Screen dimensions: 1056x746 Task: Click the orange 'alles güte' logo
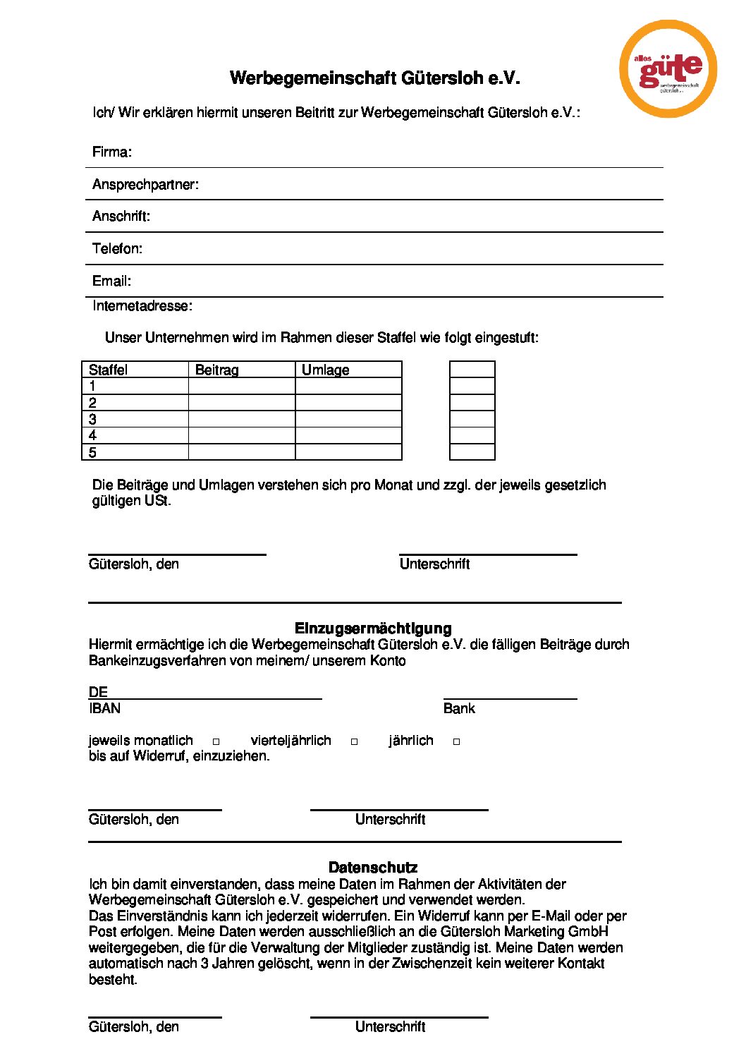click(x=668, y=69)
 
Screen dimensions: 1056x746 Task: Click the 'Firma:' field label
click(x=112, y=152)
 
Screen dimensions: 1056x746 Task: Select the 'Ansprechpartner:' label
click(x=145, y=184)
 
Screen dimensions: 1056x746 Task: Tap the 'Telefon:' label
click(x=117, y=248)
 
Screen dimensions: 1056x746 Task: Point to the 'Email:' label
click(x=111, y=281)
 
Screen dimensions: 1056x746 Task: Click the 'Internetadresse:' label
click(x=142, y=305)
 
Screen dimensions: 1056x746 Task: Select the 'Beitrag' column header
click(x=217, y=370)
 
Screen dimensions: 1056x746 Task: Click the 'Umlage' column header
click(x=326, y=370)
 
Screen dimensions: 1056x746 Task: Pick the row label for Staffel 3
click(x=93, y=419)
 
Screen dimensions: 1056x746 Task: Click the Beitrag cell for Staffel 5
click(x=241, y=452)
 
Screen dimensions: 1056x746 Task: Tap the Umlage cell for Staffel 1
click(x=348, y=386)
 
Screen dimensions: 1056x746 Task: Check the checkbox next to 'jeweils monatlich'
click(x=216, y=741)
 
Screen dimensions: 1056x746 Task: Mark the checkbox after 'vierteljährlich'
click(x=355, y=741)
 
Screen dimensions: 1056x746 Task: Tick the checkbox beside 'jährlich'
click(x=457, y=741)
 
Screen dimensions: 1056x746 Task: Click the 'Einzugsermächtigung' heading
click(x=373, y=628)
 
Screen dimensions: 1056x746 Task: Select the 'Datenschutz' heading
click(x=373, y=867)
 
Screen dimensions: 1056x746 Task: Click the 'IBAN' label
click(x=105, y=708)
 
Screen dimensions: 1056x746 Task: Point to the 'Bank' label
click(x=459, y=708)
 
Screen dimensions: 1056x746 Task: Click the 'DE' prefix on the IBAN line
click(x=98, y=692)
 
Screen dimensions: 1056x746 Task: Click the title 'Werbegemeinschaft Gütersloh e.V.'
click(x=374, y=78)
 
